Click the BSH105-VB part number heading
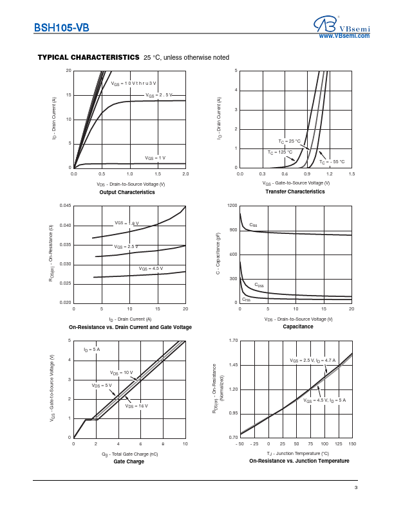tap(61, 28)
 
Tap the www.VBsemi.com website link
tap(344, 36)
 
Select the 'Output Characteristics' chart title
tap(118, 192)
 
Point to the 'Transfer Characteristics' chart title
tap(296, 192)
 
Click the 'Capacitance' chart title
tap(297, 326)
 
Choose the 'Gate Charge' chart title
tap(129, 461)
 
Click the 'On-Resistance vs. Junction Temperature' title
tap(299, 461)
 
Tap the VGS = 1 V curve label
tap(155, 157)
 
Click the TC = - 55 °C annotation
tap(332, 162)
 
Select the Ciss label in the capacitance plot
tap(253, 225)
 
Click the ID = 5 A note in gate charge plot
tap(91, 349)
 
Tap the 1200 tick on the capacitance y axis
tap(232, 206)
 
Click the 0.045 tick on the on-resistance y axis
tap(65, 206)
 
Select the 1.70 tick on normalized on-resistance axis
tap(232, 341)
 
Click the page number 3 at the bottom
tap(355, 488)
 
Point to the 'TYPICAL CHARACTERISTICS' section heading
tap(89, 57)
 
